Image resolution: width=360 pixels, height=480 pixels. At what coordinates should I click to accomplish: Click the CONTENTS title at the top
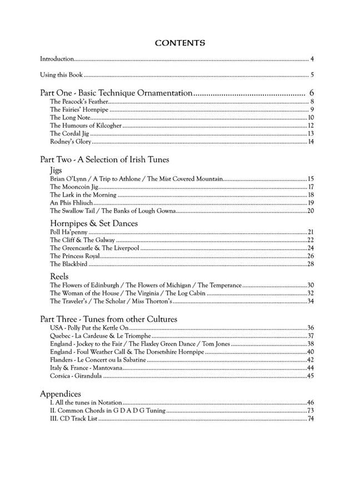(180, 42)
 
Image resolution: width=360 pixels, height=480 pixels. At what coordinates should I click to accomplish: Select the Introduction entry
(57, 58)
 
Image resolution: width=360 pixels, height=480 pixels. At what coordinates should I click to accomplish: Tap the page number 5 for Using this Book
(313, 76)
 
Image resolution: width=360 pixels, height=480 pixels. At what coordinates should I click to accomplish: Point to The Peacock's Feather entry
(78, 102)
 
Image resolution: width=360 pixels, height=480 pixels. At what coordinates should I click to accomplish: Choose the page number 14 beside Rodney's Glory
(311, 142)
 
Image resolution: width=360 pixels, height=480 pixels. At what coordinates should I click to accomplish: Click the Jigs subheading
(56, 169)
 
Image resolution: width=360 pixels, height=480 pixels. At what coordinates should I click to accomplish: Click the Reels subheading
(59, 276)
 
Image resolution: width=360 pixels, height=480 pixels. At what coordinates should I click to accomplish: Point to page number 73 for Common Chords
(311, 411)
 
